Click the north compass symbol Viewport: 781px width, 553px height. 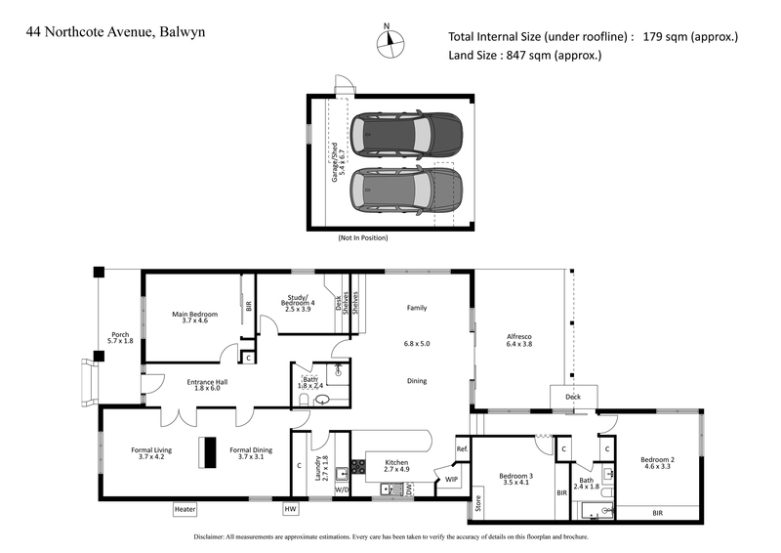(x=389, y=40)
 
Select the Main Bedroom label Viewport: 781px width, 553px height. (x=194, y=317)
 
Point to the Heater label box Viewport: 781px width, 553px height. (x=185, y=509)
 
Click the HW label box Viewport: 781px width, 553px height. (x=290, y=509)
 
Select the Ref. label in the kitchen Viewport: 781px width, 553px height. (x=462, y=448)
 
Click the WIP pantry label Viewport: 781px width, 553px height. (x=451, y=480)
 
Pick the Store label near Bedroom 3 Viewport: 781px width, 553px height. (x=478, y=504)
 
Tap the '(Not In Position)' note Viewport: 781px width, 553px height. (x=363, y=238)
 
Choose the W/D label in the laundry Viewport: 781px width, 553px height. (x=342, y=489)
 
